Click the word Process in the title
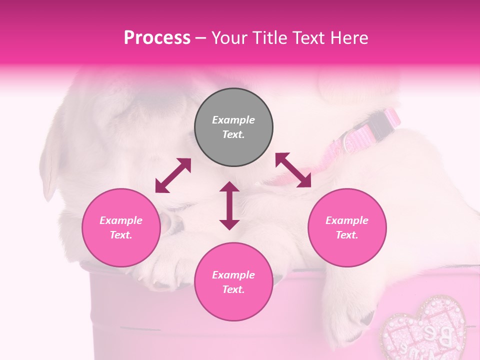[x=157, y=38]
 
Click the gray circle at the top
[x=233, y=127]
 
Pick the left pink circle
[x=121, y=227]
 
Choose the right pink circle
[x=346, y=227]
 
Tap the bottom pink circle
[x=233, y=281]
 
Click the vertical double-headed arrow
[x=229, y=205]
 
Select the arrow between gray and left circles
[x=173, y=175]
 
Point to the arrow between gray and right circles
[x=293, y=170]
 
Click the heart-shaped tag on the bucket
[x=423, y=330]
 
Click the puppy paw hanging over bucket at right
[x=350, y=305]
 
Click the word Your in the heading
[x=228, y=38]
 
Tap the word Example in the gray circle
[x=233, y=120]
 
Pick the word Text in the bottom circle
[x=233, y=289]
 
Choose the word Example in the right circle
[x=346, y=220]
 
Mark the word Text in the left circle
[x=121, y=235]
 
